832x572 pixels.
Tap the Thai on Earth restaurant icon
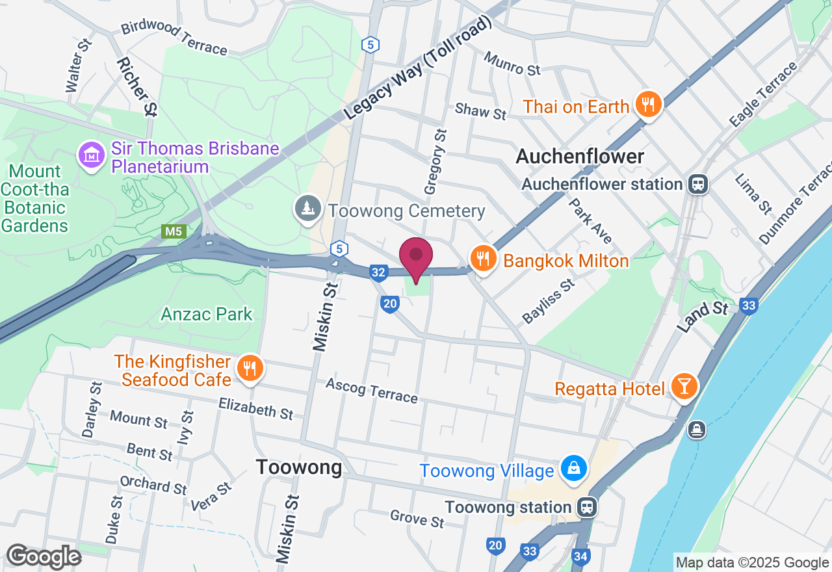click(647, 105)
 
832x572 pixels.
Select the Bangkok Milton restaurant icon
click(482, 259)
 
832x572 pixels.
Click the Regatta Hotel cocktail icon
click(683, 387)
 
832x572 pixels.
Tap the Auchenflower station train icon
click(698, 184)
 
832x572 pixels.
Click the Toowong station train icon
click(587, 507)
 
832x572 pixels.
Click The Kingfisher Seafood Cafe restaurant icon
click(248, 369)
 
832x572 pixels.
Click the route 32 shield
click(378, 272)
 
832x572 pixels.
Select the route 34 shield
click(580, 556)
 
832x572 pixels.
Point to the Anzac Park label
click(207, 315)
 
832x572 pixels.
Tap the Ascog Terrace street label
click(372, 391)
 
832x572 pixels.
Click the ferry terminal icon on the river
click(696, 430)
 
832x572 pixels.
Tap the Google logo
click(44, 556)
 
